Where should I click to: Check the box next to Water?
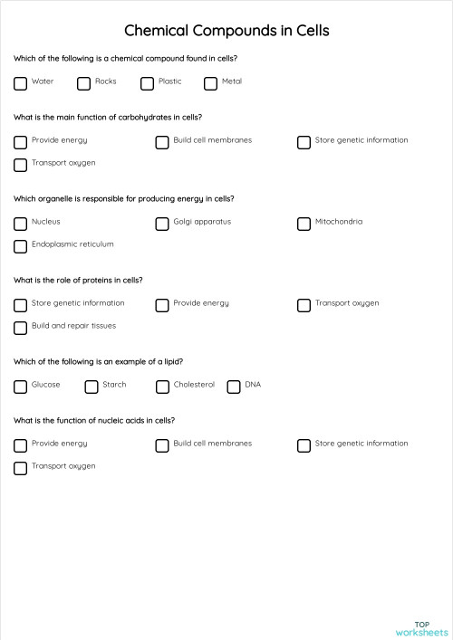20,83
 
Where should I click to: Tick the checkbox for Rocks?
83,83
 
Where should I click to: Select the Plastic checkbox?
147,83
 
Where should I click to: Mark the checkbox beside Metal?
210,83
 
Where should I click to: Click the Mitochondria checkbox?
304,224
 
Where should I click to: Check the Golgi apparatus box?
162,224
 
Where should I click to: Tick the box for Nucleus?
20,224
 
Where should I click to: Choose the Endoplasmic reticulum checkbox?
20,246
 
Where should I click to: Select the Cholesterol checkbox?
162,387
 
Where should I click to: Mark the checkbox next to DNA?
234,387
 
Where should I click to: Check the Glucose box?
20,387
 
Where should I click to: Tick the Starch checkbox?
92,387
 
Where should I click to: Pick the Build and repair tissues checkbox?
20,328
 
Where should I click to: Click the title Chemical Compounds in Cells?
226,31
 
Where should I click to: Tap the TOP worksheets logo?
421,627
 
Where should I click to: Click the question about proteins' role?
78,280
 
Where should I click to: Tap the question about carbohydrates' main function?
108,117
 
